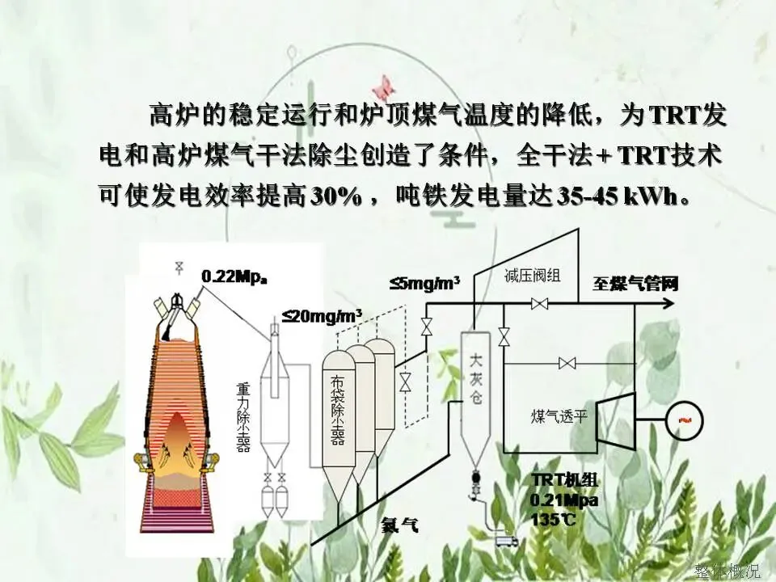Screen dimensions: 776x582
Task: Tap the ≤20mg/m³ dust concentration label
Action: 321,316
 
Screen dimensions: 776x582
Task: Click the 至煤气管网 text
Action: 635,284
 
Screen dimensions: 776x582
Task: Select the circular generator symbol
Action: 684,420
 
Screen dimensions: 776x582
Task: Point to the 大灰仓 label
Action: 474,377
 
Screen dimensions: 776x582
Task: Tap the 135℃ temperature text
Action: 554,519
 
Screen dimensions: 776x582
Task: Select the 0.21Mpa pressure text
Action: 564,500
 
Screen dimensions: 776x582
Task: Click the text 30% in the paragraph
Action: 335,196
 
